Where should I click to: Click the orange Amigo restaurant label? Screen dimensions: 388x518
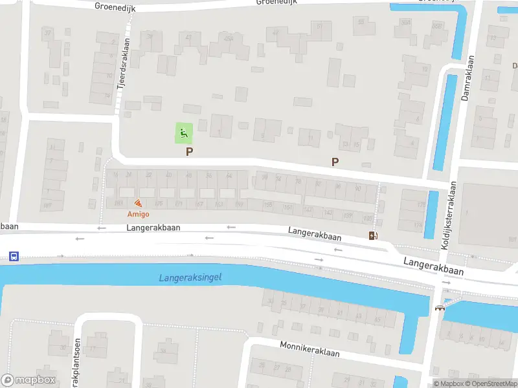(x=138, y=214)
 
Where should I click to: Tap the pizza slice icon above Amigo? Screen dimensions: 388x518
(x=138, y=203)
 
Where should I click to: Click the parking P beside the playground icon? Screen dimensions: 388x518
(x=189, y=152)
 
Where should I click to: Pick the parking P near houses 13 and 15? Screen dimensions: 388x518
(x=335, y=162)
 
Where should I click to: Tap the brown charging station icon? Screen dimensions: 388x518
(x=373, y=235)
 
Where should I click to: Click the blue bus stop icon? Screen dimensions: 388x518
(x=14, y=256)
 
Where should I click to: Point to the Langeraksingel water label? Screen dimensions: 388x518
(x=190, y=277)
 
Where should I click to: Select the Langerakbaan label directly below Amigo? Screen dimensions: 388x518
(x=153, y=228)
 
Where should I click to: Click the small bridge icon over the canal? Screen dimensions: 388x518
(x=440, y=308)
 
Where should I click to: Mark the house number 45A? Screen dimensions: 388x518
(x=228, y=38)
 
